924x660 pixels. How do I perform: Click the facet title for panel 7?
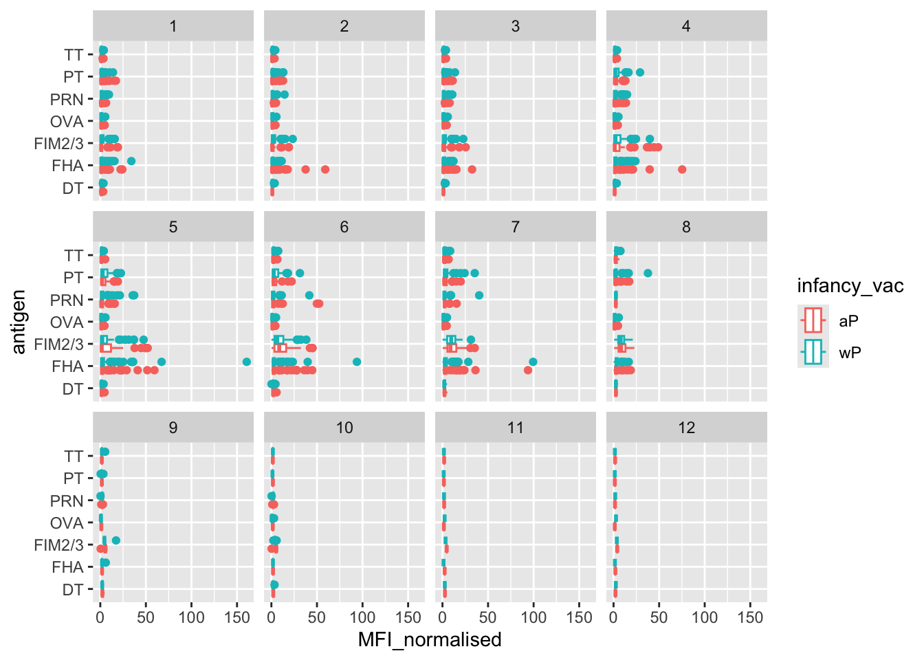(515, 227)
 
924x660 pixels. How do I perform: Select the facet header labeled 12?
(686, 428)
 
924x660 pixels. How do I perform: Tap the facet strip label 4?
(686, 26)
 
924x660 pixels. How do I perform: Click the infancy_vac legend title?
(850, 286)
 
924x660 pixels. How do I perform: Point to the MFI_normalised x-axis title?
(430, 640)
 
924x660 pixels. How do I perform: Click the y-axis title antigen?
(19, 322)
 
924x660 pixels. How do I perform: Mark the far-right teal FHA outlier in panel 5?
(247, 362)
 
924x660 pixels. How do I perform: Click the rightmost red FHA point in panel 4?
(682, 169)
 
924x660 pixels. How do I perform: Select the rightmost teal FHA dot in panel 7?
(533, 362)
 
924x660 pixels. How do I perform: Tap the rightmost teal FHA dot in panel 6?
(357, 362)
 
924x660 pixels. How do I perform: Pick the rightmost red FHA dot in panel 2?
(325, 169)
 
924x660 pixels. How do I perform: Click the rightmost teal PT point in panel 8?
(648, 273)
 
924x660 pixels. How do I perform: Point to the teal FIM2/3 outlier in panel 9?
(116, 540)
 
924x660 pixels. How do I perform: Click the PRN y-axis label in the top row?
(67, 100)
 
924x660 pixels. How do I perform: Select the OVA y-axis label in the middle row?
(67, 322)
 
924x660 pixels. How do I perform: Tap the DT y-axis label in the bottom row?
(73, 590)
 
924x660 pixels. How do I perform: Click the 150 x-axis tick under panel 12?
(750, 617)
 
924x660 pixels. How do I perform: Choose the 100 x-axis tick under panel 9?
(191, 617)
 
